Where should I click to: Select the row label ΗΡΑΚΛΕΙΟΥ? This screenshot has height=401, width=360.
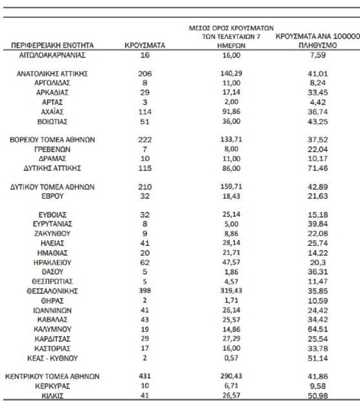pyautogui.click(x=52, y=262)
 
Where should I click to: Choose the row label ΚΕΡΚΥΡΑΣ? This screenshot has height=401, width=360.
pyautogui.click(x=52, y=386)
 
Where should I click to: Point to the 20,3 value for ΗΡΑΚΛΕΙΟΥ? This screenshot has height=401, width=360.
pyautogui.click(x=315, y=262)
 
